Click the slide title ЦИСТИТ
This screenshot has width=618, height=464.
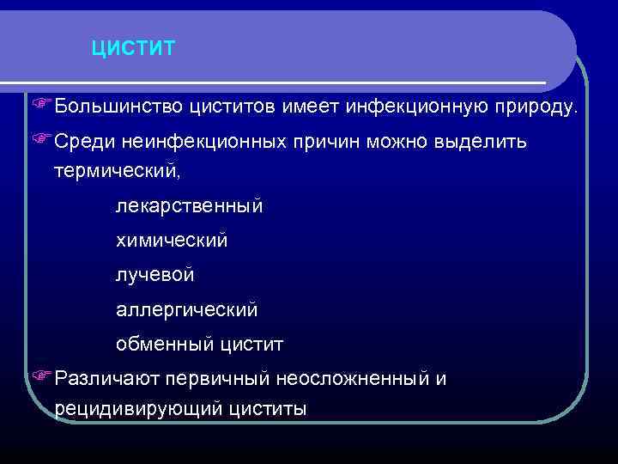[x=133, y=47]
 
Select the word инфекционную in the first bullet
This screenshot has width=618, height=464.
[x=416, y=106]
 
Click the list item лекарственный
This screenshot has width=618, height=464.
[x=190, y=206]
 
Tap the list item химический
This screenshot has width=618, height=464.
[x=172, y=241]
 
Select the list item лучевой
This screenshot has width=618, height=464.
[x=155, y=275]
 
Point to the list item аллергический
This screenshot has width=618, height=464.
[x=186, y=309]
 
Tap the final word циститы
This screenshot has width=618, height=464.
[x=267, y=409]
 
